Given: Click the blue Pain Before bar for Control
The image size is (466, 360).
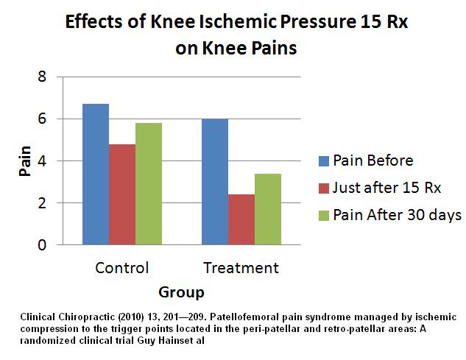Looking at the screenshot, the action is (96, 174).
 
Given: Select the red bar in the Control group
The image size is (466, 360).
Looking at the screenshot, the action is (122, 194).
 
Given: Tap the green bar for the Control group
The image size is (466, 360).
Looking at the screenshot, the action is (149, 184).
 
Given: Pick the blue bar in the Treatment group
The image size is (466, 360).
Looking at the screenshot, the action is (215, 182).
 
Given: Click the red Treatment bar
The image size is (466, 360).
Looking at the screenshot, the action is (241, 219).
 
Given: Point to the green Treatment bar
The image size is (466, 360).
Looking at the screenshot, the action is (268, 209).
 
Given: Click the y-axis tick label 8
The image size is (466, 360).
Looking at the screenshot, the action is (42, 77).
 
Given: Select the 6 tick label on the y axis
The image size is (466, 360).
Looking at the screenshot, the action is (42, 119).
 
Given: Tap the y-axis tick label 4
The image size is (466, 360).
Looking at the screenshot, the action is (42, 160).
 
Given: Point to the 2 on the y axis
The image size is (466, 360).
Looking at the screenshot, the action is (42, 203).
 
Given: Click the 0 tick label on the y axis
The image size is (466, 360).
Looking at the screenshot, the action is (42, 245).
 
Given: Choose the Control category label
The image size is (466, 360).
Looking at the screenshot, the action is (122, 267).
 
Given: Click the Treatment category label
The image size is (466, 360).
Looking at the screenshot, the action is (241, 267).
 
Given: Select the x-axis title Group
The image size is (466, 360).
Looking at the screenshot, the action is (181, 292).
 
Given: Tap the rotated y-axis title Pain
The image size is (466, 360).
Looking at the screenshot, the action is (25, 160).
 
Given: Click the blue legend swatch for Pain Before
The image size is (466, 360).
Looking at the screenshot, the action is (324, 160).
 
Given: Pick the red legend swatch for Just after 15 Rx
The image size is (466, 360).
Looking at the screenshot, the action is (324, 188).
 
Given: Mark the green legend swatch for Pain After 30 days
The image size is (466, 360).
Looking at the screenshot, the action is (324, 216).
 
